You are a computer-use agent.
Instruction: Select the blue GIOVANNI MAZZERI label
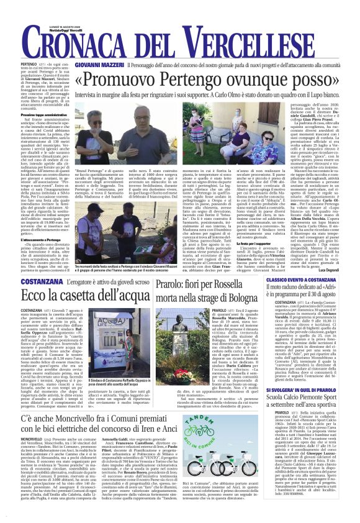(x=95, y=64)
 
